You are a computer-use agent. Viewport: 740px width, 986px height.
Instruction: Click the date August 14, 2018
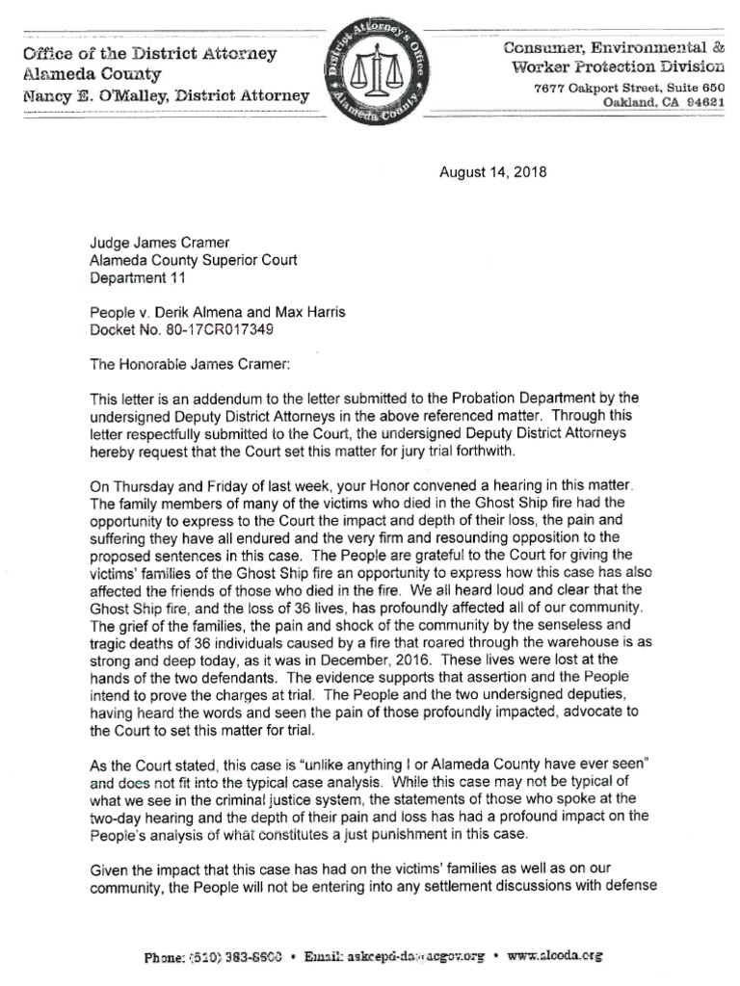(x=492, y=173)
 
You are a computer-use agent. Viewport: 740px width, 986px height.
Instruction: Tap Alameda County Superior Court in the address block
(x=194, y=260)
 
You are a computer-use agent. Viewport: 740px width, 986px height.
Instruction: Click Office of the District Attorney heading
(x=148, y=54)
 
